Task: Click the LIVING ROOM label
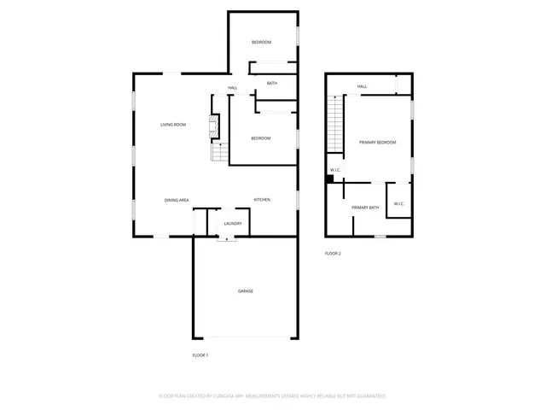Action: click(x=173, y=125)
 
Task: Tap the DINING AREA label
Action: click(x=177, y=200)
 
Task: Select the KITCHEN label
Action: click(x=262, y=200)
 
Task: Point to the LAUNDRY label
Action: click(x=233, y=224)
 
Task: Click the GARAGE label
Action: click(x=245, y=291)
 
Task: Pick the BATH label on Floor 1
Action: click(x=271, y=83)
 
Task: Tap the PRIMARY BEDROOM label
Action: click(x=377, y=143)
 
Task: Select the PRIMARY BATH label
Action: click(x=365, y=208)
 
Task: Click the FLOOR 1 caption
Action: click(x=200, y=354)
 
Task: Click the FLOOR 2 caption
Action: click(x=333, y=254)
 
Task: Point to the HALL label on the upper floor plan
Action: click(x=362, y=86)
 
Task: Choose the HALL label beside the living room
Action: click(x=232, y=89)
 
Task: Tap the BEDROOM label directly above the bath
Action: click(x=261, y=43)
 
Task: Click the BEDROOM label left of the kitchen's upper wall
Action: click(x=261, y=138)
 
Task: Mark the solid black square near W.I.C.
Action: click(x=331, y=179)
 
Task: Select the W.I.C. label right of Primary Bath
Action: click(x=398, y=204)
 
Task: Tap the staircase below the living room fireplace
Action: click(x=220, y=153)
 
